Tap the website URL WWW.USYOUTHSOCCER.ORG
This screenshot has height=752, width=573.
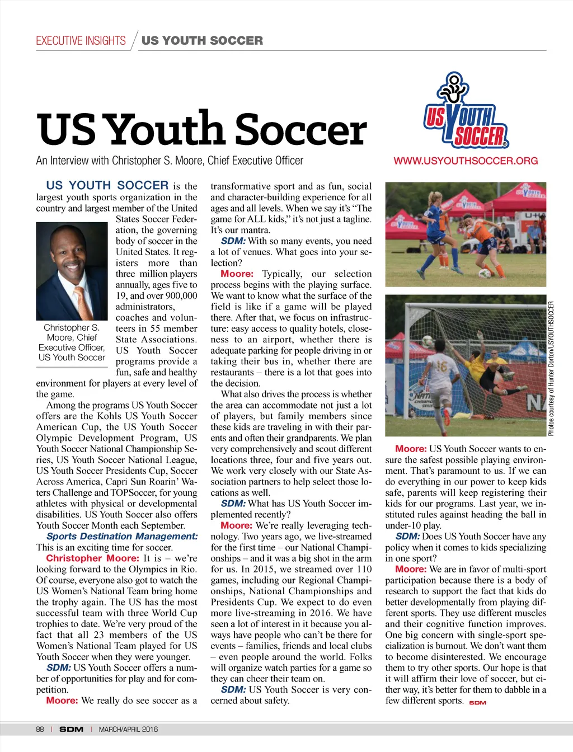[x=466, y=161]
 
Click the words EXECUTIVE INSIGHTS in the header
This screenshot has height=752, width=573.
[x=81, y=41]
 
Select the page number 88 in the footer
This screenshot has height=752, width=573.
[x=40, y=730]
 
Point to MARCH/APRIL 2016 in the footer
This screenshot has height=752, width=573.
[x=128, y=730]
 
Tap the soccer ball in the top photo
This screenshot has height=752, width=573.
[x=485, y=274]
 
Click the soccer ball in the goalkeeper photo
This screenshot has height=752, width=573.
[x=428, y=340]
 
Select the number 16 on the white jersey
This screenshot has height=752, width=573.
[x=442, y=367]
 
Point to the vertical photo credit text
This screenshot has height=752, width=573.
[x=551, y=369]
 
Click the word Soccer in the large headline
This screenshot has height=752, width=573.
[x=301, y=130]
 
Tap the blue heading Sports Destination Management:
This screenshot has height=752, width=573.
[x=122, y=537]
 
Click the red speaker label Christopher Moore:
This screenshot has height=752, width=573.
[x=92, y=558]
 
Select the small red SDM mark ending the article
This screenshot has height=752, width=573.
[x=477, y=703]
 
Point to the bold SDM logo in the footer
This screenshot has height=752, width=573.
[x=71, y=730]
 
